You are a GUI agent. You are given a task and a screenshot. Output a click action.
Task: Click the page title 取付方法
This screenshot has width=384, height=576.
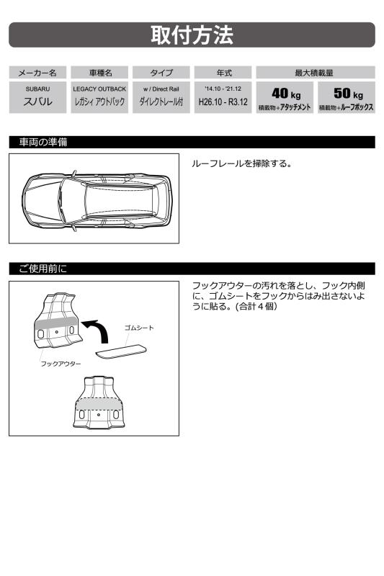coord(192,35)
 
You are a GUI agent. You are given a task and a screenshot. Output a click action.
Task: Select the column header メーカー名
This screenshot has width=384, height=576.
coord(37,73)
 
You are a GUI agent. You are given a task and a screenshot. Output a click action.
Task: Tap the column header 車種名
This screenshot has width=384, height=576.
coord(100,73)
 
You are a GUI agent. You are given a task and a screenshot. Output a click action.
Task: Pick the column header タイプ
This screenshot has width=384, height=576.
coord(161,73)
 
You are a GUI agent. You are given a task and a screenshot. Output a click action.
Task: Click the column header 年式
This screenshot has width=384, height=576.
coord(224,73)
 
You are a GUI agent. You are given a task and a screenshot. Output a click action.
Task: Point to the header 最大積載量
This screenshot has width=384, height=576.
coord(315,73)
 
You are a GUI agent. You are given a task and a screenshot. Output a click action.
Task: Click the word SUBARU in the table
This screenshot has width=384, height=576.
coord(37,89)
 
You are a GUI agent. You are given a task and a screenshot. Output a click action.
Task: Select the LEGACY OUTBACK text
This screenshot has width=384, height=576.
coord(99,89)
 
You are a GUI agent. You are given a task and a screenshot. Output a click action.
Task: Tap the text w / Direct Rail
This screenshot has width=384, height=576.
coord(161,89)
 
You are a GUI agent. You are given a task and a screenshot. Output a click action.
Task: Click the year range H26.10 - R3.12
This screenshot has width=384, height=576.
coord(223,102)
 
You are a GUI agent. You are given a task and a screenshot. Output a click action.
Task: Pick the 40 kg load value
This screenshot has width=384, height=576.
coord(286,94)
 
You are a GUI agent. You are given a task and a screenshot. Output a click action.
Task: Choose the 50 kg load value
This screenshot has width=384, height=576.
coord(349,94)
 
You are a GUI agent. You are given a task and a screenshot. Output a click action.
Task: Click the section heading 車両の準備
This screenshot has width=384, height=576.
coord(43,142)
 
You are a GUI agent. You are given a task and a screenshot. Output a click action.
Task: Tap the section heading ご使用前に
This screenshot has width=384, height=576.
coord(43,269)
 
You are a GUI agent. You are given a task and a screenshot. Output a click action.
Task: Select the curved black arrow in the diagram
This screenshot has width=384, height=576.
coord(97,330)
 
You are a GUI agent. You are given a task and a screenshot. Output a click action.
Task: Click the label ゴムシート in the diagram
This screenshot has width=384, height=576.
coord(139,328)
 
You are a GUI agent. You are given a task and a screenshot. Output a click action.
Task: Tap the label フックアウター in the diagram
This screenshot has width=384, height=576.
coord(61,364)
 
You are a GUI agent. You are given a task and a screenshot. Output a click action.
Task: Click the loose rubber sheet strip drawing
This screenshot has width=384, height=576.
coord(121,351)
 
